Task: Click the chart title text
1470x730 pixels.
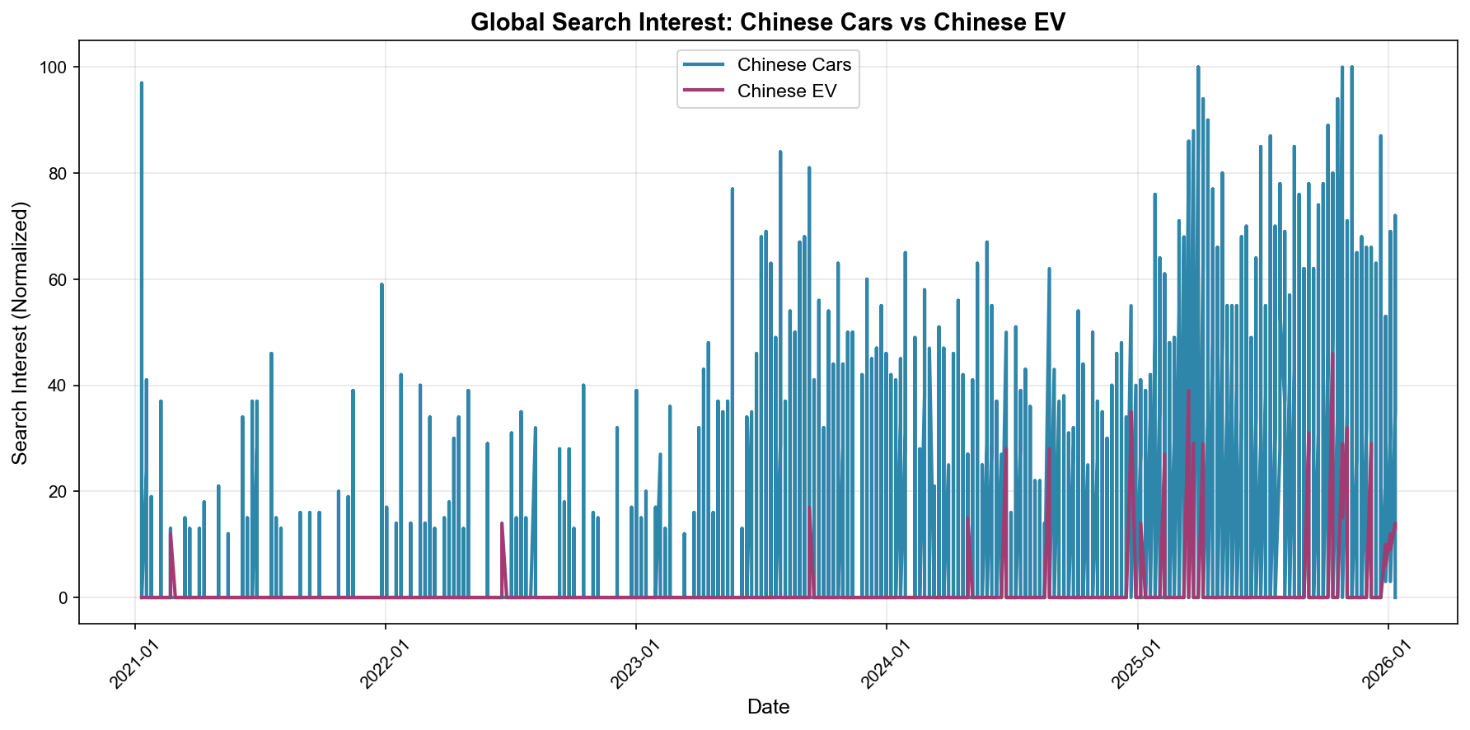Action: click(x=768, y=22)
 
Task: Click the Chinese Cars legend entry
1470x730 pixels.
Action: click(x=794, y=64)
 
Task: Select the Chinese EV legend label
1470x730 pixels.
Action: click(x=787, y=91)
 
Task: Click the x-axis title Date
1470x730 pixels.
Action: click(x=768, y=707)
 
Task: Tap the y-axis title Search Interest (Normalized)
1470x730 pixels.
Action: click(x=21, y=332)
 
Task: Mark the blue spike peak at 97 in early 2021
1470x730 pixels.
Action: click(x=142, y=83)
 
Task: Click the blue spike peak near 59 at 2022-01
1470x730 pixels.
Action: click(x=382, y=285)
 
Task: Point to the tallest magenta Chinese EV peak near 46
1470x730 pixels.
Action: click(x=1332, y=354)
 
